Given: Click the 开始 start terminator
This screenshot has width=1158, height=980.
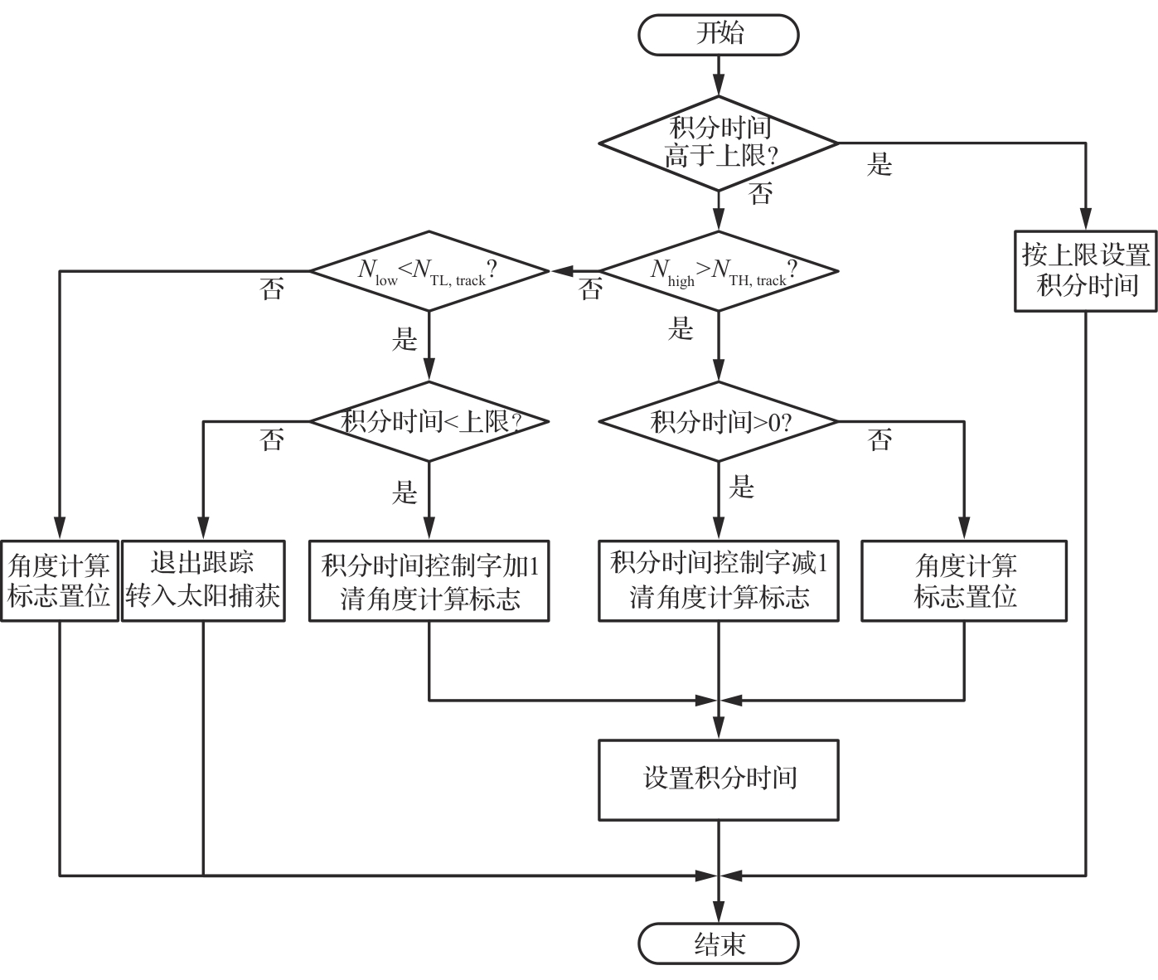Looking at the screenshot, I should [x=718, y=35].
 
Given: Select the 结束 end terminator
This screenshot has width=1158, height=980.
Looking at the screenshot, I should [x=718, y=944].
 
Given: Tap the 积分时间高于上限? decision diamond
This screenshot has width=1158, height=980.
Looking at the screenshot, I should [x=718, y=143].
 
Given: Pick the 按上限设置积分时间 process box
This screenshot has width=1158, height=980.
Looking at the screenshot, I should [x=1085, y=271].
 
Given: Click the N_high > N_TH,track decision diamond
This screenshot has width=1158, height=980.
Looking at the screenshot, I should [x=718, y=271].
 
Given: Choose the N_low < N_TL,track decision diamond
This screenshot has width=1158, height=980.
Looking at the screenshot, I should [x=429, y=271].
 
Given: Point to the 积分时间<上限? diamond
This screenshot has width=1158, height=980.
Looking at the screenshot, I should [x=429, y=421].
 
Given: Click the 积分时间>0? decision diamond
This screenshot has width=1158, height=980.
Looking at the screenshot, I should [x=718, y=421].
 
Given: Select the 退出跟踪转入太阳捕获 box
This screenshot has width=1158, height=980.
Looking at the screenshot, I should [x=203, y=580].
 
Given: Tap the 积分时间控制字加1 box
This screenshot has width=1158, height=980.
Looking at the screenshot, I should [x=429, y=580].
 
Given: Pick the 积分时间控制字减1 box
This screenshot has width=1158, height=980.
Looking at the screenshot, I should [x=718, y=580].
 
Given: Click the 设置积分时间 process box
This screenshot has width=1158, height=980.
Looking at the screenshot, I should [x=718, y=779].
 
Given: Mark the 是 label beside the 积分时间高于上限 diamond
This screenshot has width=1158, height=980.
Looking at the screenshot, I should [x=879, y=164].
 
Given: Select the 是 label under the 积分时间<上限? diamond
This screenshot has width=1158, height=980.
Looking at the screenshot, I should [x=405, y=492].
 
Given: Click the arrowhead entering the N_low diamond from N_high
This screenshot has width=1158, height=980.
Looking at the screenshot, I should [x=562, y=271].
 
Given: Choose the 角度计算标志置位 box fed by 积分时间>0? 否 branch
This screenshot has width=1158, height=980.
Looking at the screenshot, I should [x=964, y=580].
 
